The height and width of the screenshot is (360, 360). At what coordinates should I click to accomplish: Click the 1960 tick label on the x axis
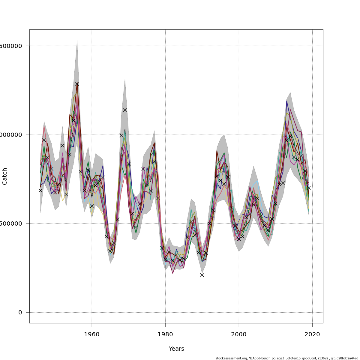pyautogui.click(x=92, y=334)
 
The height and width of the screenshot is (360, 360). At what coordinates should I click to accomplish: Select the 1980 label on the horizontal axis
pyautogui.click(x=165, y=334)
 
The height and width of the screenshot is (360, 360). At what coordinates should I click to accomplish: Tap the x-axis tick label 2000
pyautogui.click(x=239, y=334)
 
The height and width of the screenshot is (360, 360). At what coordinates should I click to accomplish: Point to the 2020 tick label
pyautogui.click(x=312, y=334)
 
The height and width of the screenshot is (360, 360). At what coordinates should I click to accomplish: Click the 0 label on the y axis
pyautogui.click(x=20, y=313)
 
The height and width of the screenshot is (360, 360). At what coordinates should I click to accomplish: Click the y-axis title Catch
pyautogui.click(x=5, y=176)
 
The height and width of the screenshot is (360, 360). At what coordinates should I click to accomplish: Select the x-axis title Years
pyautogui.click(x=176, y=349)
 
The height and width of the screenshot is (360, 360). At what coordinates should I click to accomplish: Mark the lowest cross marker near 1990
pyautogui.click(x=202, y=275)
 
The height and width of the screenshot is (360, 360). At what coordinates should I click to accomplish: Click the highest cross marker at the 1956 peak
pyautogui.click(x=77, y=84)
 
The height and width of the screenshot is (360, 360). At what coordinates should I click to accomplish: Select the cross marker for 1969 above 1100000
pyautogui.click(x=125, y=110)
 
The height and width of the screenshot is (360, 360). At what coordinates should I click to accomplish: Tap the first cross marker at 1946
pyautogui.click(x=40, y=190)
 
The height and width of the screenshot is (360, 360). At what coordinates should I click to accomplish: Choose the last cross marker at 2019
pyautogui.click(x=309, y=187)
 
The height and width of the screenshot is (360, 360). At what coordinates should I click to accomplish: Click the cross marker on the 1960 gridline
pyautogui.click(x=92, y=206)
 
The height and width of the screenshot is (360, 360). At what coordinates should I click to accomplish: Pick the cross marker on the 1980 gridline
pyautogui.click(x=165, y=259)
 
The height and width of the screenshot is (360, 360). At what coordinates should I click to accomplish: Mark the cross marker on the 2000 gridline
pyautogui.click(x=239, y=239)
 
